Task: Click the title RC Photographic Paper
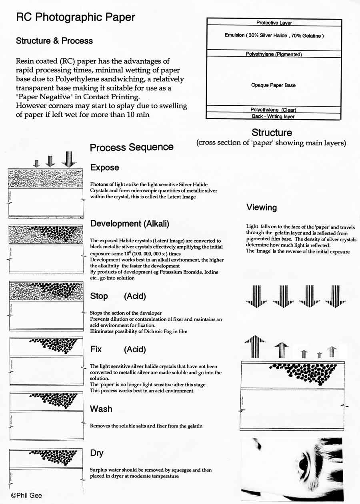point(75,18)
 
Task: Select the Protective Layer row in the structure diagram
point(274,23)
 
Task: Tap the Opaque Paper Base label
point(274,85)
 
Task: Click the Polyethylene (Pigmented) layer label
point(274,54)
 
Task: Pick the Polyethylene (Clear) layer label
point(274,110)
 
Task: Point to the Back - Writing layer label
point(274,116)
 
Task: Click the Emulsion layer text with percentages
point(274,36)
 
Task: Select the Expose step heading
point(104,168)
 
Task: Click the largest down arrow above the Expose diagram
point(68,159)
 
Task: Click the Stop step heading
point(99,296)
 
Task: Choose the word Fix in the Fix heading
point(96,349)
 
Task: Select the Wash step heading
point(101,409)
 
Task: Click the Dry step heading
point(97,453)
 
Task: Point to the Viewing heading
point(262,207)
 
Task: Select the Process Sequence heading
point(132,147)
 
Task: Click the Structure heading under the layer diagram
point(272,133)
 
